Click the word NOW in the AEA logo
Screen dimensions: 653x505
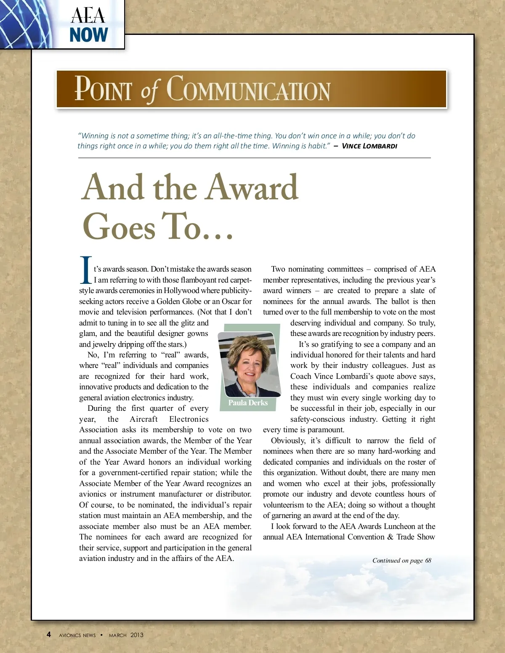coord(89,35)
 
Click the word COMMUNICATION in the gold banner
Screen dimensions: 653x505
coord(248,90)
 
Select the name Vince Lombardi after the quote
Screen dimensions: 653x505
coord(369,146)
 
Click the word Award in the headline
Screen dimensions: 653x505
coord(252,188)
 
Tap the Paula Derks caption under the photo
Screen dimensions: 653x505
coord(248,403)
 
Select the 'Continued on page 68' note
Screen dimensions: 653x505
coord(401,560)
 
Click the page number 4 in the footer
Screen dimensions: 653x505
coord(49,634)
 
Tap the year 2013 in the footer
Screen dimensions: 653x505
coord(137,635)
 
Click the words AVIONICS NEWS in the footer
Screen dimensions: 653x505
coord(77,635)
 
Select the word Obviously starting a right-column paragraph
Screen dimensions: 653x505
coord(288,441)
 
